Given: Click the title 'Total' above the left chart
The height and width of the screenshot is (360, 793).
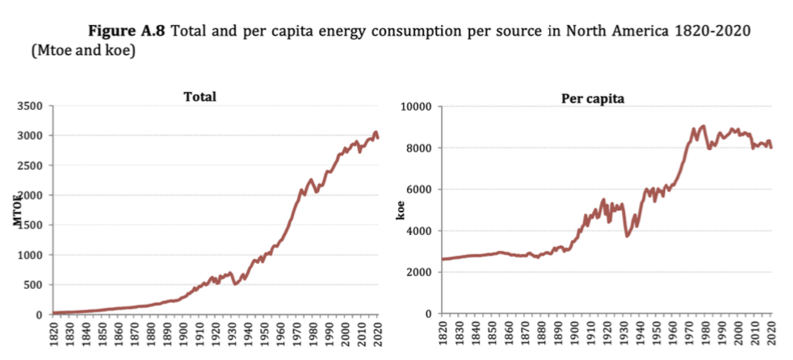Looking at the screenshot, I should coord(200,96).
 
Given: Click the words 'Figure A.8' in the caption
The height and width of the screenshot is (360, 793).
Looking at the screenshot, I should coord(129,31).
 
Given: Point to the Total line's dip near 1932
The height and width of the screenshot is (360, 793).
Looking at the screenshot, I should coord(235,283).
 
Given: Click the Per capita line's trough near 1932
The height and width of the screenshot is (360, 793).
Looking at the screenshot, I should coord(627,236).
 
